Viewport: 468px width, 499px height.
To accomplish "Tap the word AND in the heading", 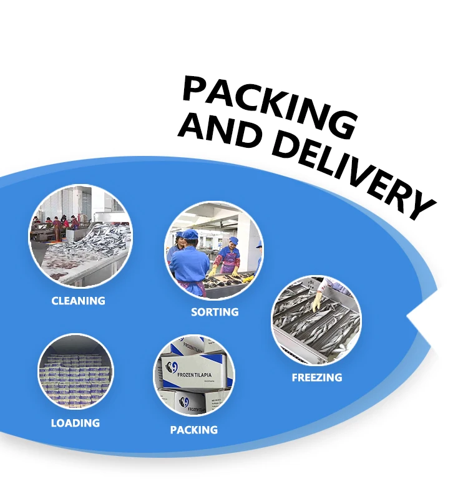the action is click(x=215, y=130).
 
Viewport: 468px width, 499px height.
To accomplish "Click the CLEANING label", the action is click(x=78, y=301).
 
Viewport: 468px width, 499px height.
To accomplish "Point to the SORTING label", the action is click(x=215, y=311).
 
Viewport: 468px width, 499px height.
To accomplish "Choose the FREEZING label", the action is click(x=317, y=377).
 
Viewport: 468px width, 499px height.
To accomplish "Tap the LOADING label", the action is click(x=75, y=423).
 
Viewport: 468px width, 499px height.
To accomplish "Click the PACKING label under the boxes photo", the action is click(x=194, y=430).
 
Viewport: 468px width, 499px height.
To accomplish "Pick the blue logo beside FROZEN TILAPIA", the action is click(x=172, y=367).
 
